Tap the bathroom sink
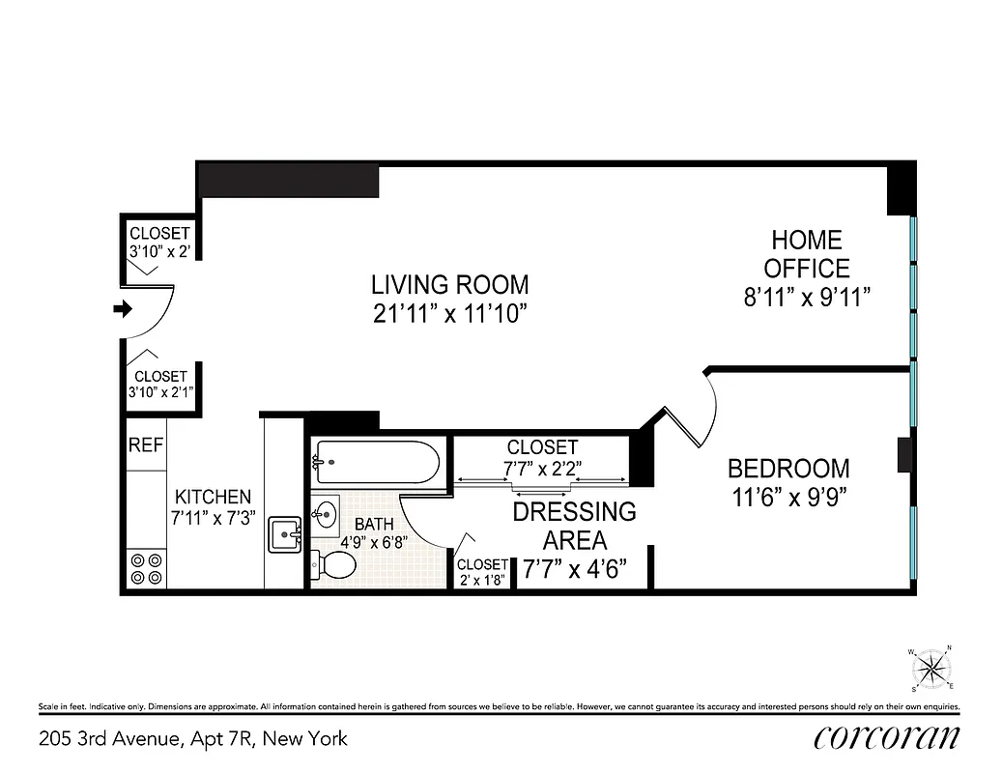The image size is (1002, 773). point(326,511)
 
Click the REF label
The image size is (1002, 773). point(146,445)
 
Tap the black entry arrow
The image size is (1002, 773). point(122,309)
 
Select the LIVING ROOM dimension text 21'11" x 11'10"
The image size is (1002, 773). point(450,314)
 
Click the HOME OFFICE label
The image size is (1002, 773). point(806,254)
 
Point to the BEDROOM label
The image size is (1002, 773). point(788,470)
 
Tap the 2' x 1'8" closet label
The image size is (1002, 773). point(482,571)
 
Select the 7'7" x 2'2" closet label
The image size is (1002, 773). point(542,458)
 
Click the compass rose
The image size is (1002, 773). point(931,668)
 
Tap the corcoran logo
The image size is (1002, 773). point(887,738)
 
